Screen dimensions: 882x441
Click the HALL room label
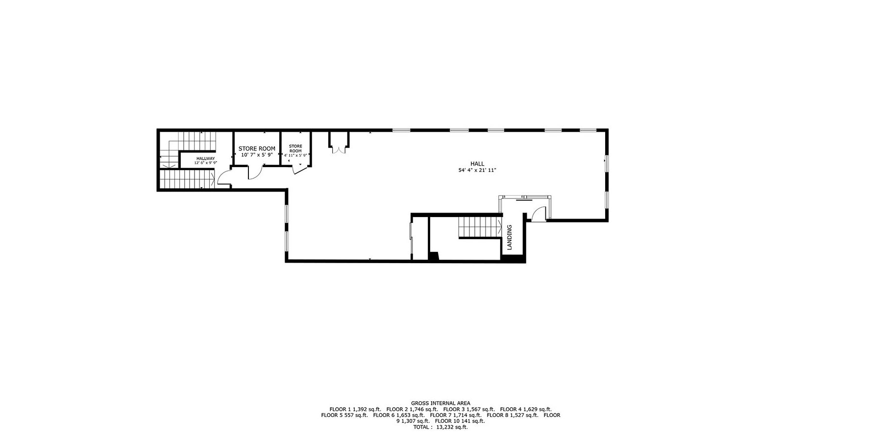coord(477,164)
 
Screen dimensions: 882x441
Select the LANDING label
coord(509,238)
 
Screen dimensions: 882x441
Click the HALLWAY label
coord(205,158)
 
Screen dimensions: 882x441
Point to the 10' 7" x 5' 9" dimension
coord(257,155)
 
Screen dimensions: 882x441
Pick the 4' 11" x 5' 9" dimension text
coord(295,155)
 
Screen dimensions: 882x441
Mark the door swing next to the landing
coord(538,214)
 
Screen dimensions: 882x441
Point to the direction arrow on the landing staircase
coord(499,227)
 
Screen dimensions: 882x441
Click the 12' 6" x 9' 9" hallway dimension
coord(205,163)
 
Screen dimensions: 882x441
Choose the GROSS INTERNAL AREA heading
coord(441,403)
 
